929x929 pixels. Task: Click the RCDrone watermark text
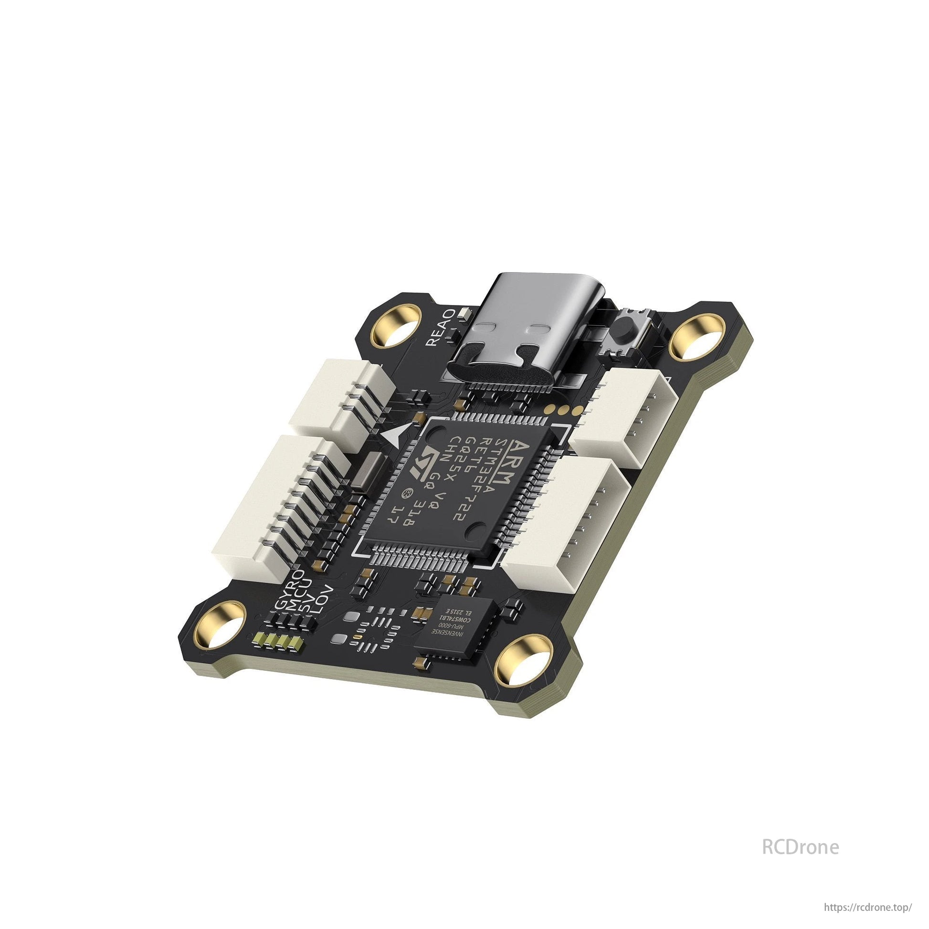coord(800,847)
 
